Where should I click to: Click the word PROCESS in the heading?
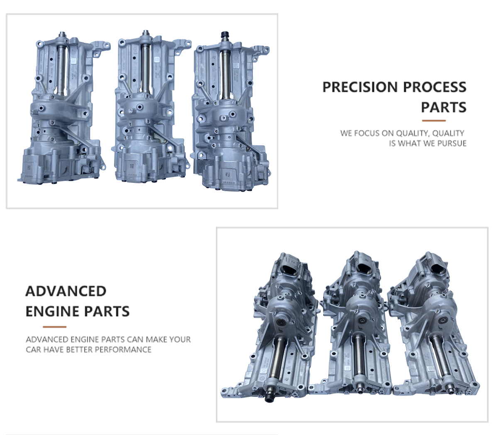click(435, 87)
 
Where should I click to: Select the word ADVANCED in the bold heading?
click(66, 291)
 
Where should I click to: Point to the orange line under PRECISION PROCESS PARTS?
click(434, 120)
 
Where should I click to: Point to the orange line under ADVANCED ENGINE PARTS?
click(54, 327)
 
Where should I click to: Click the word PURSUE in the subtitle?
click(452, 143)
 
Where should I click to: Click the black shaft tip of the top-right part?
click(224, 35)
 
